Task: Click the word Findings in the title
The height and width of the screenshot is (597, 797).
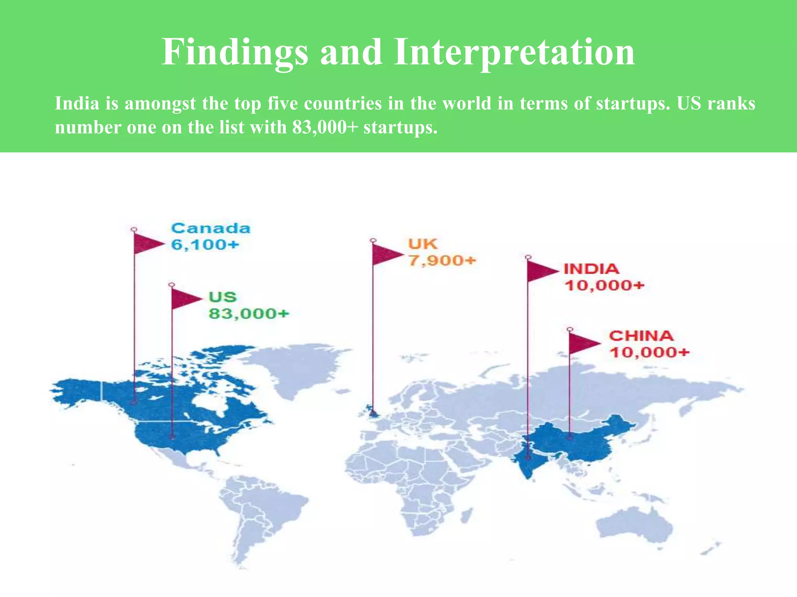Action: (235, 52)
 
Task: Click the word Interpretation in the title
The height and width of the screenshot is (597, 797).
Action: (514, 52)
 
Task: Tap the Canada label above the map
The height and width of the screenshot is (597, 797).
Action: (211, 229)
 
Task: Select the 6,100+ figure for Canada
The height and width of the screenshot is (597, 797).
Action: (205, 245)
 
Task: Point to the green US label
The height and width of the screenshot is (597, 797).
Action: (223, 297)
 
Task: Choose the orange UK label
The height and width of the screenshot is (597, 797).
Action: (423, 244)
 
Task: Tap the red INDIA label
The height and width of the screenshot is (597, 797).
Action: (591, 269)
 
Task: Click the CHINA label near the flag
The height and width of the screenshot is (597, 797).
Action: (641, 336)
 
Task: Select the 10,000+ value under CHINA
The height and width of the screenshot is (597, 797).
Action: (649, 353)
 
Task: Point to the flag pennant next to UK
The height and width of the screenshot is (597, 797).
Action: (386, 255)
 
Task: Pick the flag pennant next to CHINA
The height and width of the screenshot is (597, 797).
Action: (583, 343)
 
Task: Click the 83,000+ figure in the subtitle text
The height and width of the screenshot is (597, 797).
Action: (325, 127)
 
